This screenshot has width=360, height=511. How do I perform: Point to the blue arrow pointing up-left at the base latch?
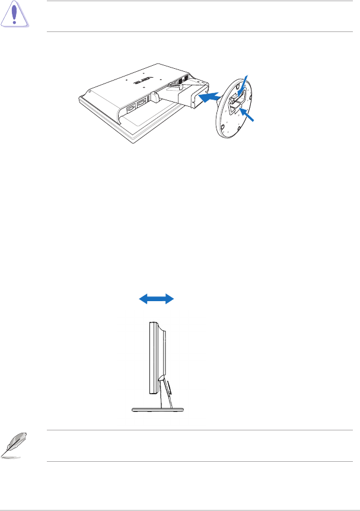[250, 116]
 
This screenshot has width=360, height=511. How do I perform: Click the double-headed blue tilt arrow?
[157, 300]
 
